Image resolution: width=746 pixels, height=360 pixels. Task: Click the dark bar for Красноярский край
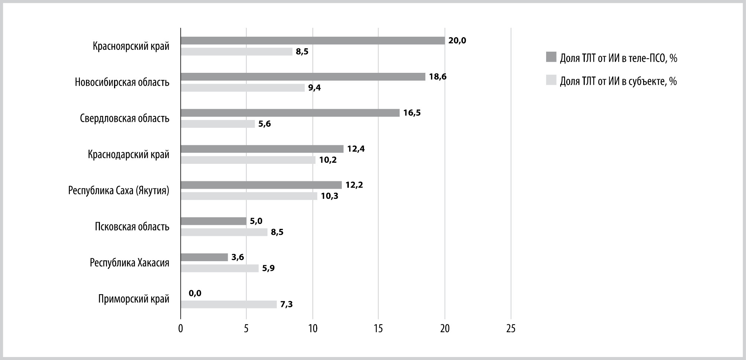(x=313, y=40)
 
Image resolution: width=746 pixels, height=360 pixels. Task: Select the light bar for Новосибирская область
(x=243, y=88)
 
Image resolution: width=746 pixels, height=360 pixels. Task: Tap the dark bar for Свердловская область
(x=290, y=113)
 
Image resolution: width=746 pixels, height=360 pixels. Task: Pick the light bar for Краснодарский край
(x=248, y=160)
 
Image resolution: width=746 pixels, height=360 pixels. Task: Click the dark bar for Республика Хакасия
(x=204, y=257)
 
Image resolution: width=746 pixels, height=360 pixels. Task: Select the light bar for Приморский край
(x=229, y=304)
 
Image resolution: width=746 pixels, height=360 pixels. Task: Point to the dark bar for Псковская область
(x=214, y=221)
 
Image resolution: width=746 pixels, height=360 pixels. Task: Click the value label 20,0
(x=457, y=40)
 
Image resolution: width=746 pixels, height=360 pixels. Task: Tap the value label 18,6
(x=438, y=77)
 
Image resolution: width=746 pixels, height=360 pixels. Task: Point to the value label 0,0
(x=195, y=293)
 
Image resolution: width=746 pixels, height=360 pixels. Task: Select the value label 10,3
(x=330, y=196)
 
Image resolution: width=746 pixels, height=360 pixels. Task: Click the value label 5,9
(x=268, y=268)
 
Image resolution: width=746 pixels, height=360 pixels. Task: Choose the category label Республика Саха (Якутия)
(x=119, y=191)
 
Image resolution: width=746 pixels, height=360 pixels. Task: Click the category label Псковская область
(x=132, y=227)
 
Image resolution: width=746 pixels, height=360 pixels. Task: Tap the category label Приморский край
(x=134, y=299)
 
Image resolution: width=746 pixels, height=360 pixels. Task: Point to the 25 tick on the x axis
(x=511, y=329)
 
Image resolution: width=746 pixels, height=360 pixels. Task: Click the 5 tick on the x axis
(x=246, y=329)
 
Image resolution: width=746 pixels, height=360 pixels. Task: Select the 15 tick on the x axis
(x=379, y=329)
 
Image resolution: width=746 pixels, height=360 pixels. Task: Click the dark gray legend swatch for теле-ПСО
(x=551, y=57)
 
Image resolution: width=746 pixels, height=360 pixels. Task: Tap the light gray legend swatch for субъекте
(x=551, y=80)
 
